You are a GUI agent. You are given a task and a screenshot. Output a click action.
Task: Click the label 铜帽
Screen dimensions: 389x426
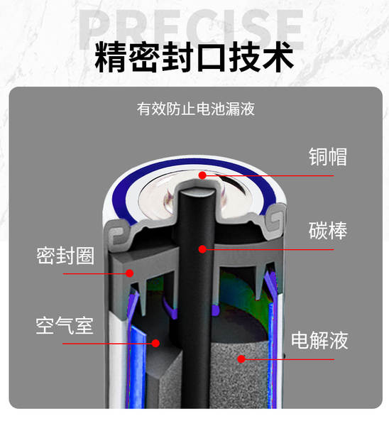click(328, 157)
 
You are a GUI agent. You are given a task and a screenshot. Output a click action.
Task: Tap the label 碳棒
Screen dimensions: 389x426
click(328, 231)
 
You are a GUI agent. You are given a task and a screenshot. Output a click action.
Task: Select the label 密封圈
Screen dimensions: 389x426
click(65, 256)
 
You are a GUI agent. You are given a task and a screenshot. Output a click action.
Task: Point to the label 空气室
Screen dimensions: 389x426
click(65, 325)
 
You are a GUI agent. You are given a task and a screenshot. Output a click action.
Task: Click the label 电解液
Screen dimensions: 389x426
click(319, 340)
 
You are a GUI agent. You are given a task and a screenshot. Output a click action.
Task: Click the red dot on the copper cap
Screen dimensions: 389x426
click(202, 175)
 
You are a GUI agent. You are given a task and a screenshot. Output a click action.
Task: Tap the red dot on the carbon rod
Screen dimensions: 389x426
click(202, 249)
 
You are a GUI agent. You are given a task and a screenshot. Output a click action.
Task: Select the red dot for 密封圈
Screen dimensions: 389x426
click(130, 273)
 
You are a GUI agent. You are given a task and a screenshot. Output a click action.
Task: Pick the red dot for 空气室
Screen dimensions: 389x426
click(155, 343)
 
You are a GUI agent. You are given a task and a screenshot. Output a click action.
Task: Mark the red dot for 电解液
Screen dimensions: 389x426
click(241, 359)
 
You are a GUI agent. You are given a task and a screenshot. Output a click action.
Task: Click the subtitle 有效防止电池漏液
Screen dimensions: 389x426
click(196, 109)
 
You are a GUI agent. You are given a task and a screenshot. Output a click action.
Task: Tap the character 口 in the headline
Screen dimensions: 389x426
click(212, 58)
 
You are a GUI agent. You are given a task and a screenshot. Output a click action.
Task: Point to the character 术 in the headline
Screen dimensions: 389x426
click(278, 57)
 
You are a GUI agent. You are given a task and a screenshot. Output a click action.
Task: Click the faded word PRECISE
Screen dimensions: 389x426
click(191, 29)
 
